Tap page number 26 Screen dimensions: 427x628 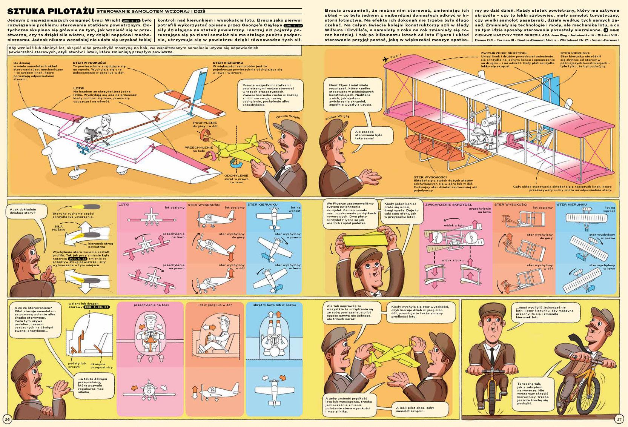[x=8, y=418]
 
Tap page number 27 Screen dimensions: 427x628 [x=619, y=418]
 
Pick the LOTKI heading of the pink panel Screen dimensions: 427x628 [x=124, y=204]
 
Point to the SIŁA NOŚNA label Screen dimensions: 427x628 [x=59, y=228]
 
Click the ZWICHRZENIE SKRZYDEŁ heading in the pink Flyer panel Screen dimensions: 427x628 [x=448, y=204]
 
